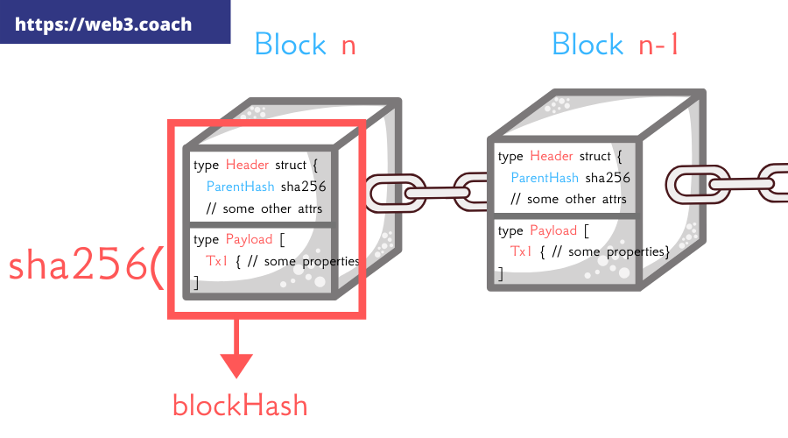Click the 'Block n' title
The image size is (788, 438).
(x=305, y=44)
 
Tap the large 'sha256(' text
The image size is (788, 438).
(x=86, y=265)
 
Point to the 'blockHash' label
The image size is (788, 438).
(x=240, y=405)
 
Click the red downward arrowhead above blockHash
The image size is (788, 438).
(x=236, y=364)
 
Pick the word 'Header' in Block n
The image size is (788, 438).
(x=249, y=165)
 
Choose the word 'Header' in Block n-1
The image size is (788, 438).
(x=552, y=157)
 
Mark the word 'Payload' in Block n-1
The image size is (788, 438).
(x=553, y=231)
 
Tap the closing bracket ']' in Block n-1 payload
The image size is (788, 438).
(x=501, y=275)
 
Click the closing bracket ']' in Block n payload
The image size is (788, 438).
(x=196, y=282)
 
